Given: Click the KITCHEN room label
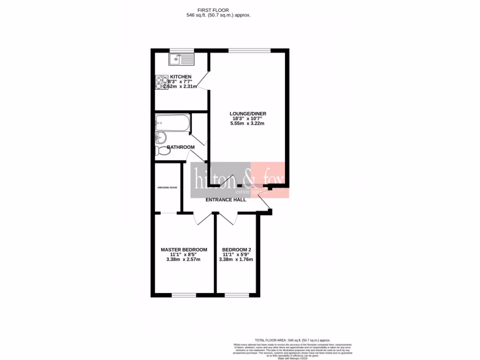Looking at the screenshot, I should [x=180, y=76].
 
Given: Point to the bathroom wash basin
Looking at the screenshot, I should [x=160, y=137].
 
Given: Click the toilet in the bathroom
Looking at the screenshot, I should [x=162, y=150].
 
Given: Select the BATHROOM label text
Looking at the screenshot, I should [x=181, y=147].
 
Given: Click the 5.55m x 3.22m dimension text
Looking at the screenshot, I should [x=247, y=124].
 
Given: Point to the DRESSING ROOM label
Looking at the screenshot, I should [x=167, y=187].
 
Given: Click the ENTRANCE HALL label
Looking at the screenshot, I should [x=226, y=200].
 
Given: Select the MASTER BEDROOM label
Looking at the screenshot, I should [x=184, y=249].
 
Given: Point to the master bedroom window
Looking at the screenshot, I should [x=184, y=295].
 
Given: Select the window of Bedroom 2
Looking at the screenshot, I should [x=236, y=295].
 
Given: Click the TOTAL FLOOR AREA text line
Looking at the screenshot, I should [x=292, y=340].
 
